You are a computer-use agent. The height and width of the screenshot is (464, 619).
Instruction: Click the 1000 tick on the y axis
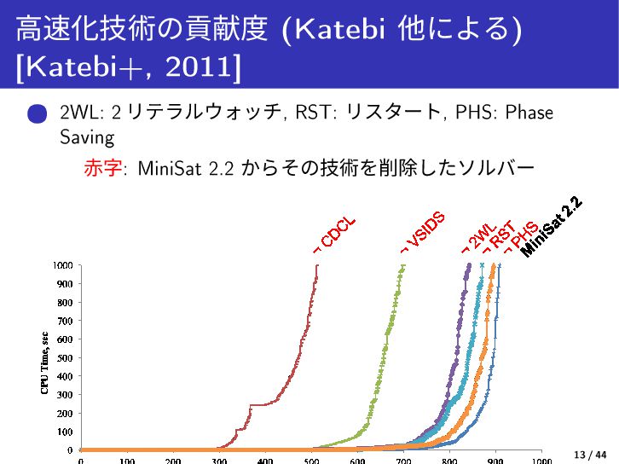61,265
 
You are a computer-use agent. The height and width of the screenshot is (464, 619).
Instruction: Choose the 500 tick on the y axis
64,357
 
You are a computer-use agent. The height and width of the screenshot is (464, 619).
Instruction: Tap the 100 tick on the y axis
64,431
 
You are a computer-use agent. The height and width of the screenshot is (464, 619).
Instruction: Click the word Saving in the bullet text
86,136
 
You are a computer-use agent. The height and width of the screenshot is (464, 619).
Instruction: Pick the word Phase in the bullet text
528,112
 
